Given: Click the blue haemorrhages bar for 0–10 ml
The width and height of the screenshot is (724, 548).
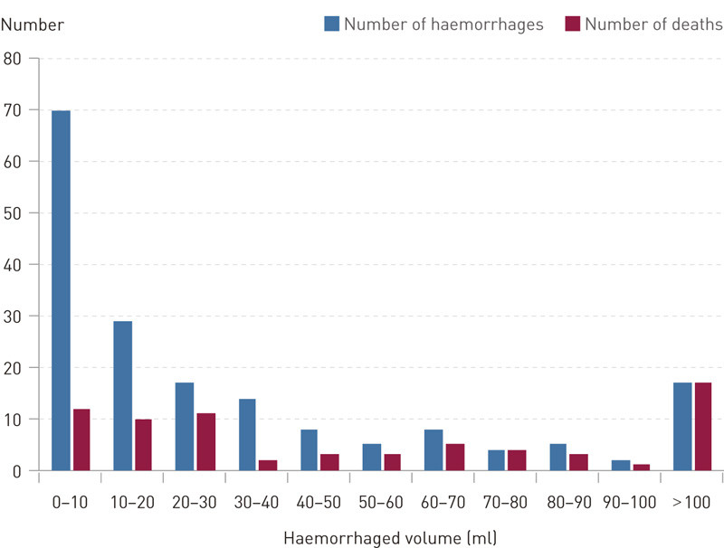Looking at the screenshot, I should pos(61,289).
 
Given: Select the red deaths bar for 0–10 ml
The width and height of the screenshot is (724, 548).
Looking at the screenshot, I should pos(81,439).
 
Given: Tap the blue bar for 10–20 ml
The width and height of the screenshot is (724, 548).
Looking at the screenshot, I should pos(122,395).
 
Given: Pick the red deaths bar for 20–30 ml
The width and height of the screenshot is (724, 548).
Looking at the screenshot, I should pos(205,442).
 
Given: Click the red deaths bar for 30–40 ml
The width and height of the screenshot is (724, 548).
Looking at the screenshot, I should pos(267,465).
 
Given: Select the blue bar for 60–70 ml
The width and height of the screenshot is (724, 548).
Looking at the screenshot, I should pos(433,449).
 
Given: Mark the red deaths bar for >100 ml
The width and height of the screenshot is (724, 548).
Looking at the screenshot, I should pos(702,426).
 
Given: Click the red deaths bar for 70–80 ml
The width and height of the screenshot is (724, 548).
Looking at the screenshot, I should pos(516,459).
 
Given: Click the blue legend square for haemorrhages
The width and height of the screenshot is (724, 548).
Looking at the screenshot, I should pos(331,24).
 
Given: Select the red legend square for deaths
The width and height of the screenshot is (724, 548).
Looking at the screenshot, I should pos(572,24).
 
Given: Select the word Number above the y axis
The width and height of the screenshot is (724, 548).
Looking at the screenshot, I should pos(33,24).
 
